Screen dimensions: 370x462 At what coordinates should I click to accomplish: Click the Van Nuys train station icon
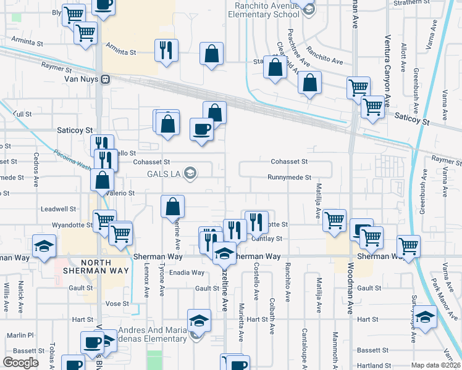(106, 79)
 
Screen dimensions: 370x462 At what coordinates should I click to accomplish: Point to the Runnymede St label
(289, 178)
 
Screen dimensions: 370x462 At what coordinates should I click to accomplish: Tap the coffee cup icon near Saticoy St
(201, 129)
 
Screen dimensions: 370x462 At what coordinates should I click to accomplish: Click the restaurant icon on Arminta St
(166, 51)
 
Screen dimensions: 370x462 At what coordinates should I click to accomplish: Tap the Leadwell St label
(58, 209)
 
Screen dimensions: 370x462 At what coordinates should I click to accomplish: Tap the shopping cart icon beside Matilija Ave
(334, 220)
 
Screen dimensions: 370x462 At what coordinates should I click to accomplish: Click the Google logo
(20, 362)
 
